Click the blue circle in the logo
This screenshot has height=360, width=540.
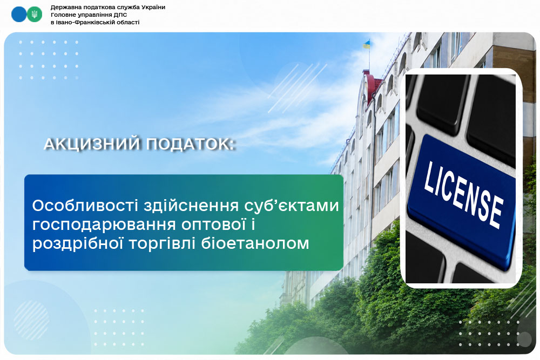coord(18,15)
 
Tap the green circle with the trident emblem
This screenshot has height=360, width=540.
coord(35,15)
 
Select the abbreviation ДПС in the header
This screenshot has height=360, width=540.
coord(120,15)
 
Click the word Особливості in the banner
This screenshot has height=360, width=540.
coord(85,206)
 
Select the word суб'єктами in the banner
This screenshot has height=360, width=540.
coord(292,206)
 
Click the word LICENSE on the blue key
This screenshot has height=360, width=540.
coord(463,195)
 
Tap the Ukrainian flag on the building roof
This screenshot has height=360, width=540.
coord(367,44)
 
